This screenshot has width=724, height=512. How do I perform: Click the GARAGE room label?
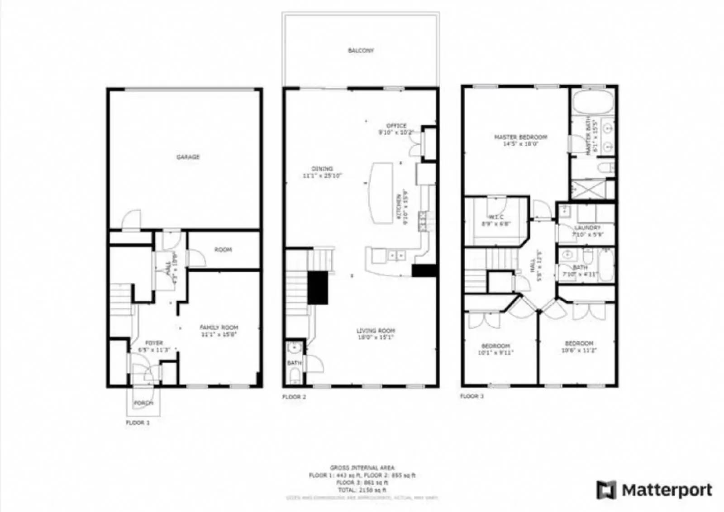coord(188,157)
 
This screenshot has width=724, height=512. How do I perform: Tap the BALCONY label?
coord(361,51)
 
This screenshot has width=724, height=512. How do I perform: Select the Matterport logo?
coord(654,490)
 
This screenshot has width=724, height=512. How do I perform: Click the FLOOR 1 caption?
coord(138,422)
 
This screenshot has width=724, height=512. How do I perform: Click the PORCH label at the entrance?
coord(143,403)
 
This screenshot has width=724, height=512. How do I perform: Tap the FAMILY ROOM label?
coord(219,327)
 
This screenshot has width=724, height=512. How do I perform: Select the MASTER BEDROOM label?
coord(520,137)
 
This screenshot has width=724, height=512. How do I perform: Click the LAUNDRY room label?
coord(587,228)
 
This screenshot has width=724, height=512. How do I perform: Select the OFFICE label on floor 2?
coord(396,126)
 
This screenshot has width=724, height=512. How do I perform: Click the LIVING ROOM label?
coord(376,331)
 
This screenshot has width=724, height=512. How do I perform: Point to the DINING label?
coord(322,169)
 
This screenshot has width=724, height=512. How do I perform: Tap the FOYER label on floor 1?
coord(154,343)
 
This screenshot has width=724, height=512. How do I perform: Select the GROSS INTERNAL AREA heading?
coord(362,468)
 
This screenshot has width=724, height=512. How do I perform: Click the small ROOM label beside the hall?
coord(223,250)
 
